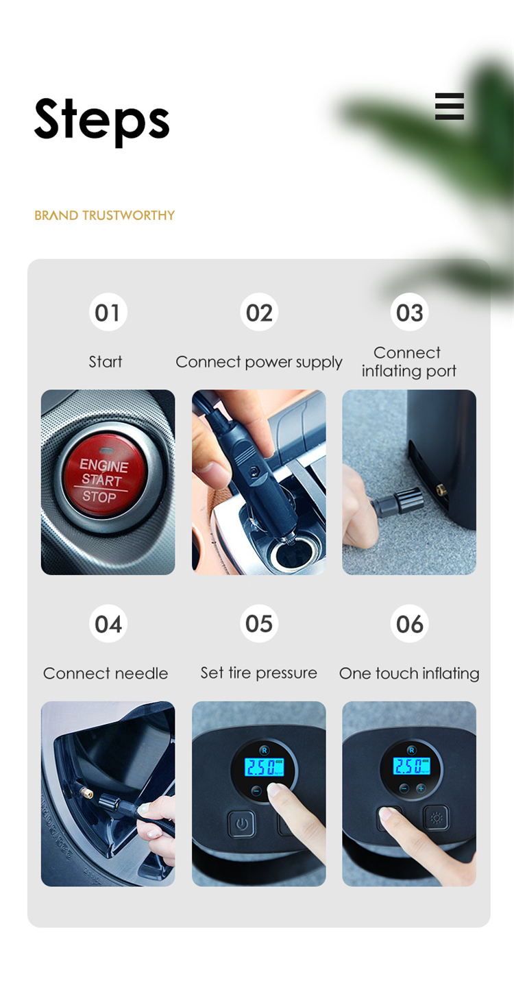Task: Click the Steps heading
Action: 102,121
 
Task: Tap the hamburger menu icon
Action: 450,106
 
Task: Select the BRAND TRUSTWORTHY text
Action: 104,215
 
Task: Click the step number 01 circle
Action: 108,312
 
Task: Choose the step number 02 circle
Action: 259,312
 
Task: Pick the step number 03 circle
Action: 410,312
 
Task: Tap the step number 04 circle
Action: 108,624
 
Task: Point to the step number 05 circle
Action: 259,624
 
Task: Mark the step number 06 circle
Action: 410,624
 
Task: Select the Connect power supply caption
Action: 259,362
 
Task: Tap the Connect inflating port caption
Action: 408,362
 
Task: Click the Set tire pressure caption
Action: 258,673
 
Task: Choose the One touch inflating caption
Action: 409,674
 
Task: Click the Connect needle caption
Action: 106,674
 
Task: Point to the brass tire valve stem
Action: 84,790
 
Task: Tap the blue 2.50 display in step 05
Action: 265,767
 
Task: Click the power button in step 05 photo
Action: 241,824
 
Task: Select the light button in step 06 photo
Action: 436,818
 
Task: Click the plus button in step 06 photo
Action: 421,788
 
